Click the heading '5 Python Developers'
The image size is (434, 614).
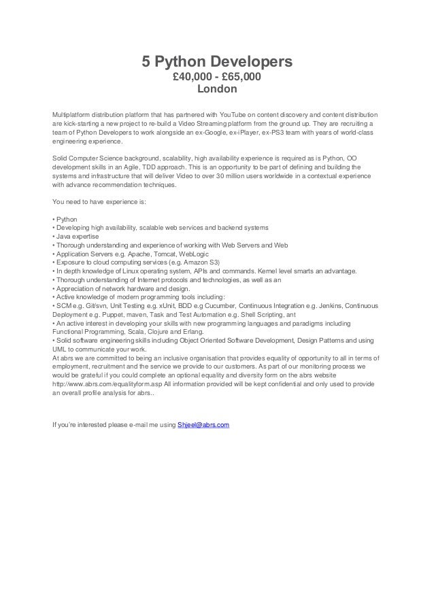pyautogui.click(x=216, y=63)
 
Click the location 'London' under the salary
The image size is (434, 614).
pyautogui.click(x=216, y=89)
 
